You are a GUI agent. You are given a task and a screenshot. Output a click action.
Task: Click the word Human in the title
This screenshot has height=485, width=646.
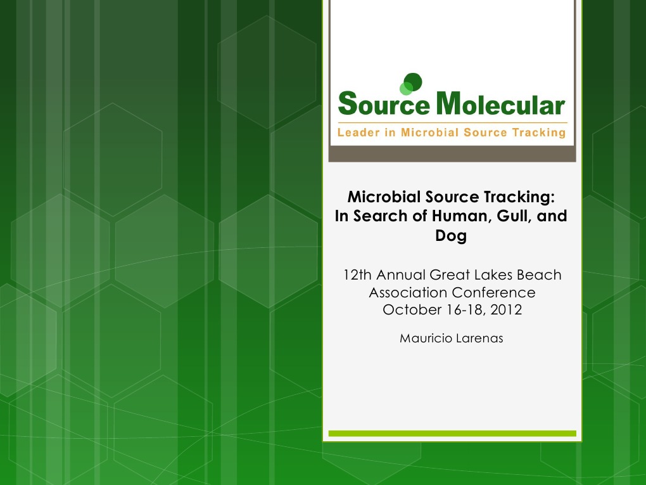(458, 216)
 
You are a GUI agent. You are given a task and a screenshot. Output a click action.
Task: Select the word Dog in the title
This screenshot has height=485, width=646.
(452, 236)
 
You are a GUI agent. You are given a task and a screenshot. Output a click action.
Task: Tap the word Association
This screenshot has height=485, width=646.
(408, 293)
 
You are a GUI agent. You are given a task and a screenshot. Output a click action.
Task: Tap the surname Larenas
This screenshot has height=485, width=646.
(479, 339)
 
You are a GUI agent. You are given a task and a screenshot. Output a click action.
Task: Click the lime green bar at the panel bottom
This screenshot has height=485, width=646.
(452, 434)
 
